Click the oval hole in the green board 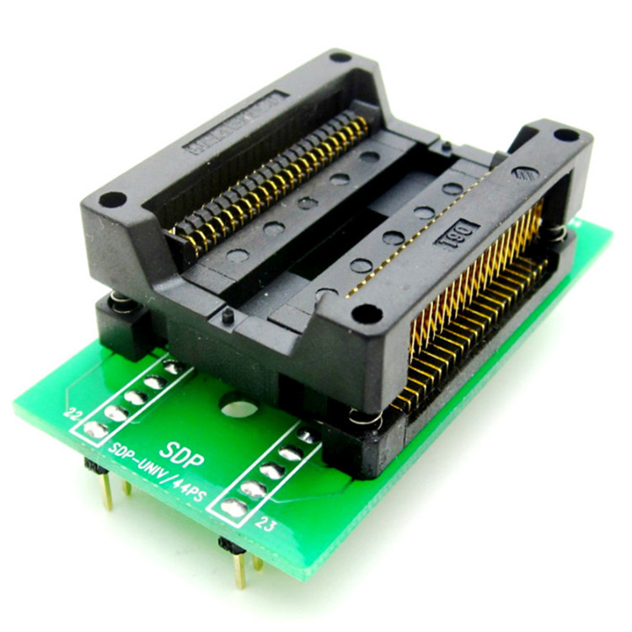click(239, 410)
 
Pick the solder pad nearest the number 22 click(95, 430)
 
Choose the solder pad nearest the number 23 click(235, 507)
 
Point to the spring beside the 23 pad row click(361, 417)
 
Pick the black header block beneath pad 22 click(94, 464)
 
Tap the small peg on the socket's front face click(228, 316)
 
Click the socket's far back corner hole click(340, 58)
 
